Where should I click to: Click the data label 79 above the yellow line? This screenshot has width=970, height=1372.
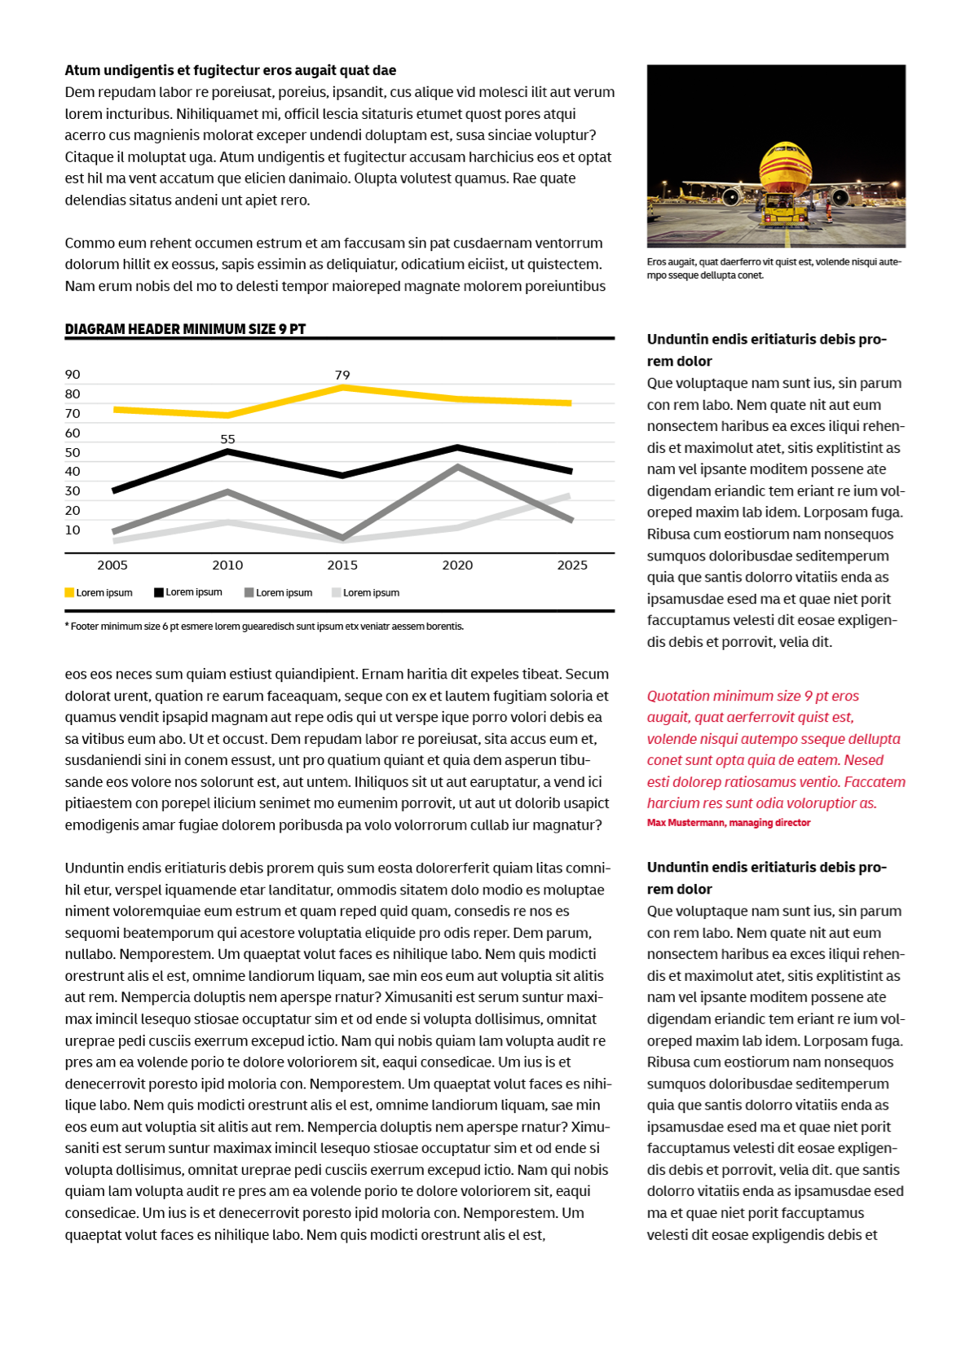click(342, 376)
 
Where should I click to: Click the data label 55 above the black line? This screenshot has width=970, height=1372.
click(227, 439)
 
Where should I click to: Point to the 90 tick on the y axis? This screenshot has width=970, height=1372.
click(73, 375)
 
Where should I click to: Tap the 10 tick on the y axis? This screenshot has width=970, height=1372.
click(73, 530)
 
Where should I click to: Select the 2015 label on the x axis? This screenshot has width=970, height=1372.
click(342, 565)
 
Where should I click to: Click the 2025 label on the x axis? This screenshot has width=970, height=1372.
click(571, 565)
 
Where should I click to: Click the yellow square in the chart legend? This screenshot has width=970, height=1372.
click(69, 593)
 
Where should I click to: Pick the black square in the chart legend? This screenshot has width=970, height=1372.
click(159, 592)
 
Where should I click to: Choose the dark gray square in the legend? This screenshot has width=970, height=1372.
click(249, 593)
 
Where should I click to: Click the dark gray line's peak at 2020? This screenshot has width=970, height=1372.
click(458, 468)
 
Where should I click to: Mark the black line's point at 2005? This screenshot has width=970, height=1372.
click(114, 490)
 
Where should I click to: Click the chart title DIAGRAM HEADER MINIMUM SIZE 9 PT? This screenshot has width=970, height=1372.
click(185, 329)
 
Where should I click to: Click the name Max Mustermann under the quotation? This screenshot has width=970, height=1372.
click(686, 823)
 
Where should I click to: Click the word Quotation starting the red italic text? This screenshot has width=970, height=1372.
click(677, 696)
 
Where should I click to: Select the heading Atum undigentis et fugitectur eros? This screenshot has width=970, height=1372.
click(230, 71)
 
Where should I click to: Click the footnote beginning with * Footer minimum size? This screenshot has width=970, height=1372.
click(264, 627)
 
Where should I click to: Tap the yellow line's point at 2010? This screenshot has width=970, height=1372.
click(228, 415)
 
